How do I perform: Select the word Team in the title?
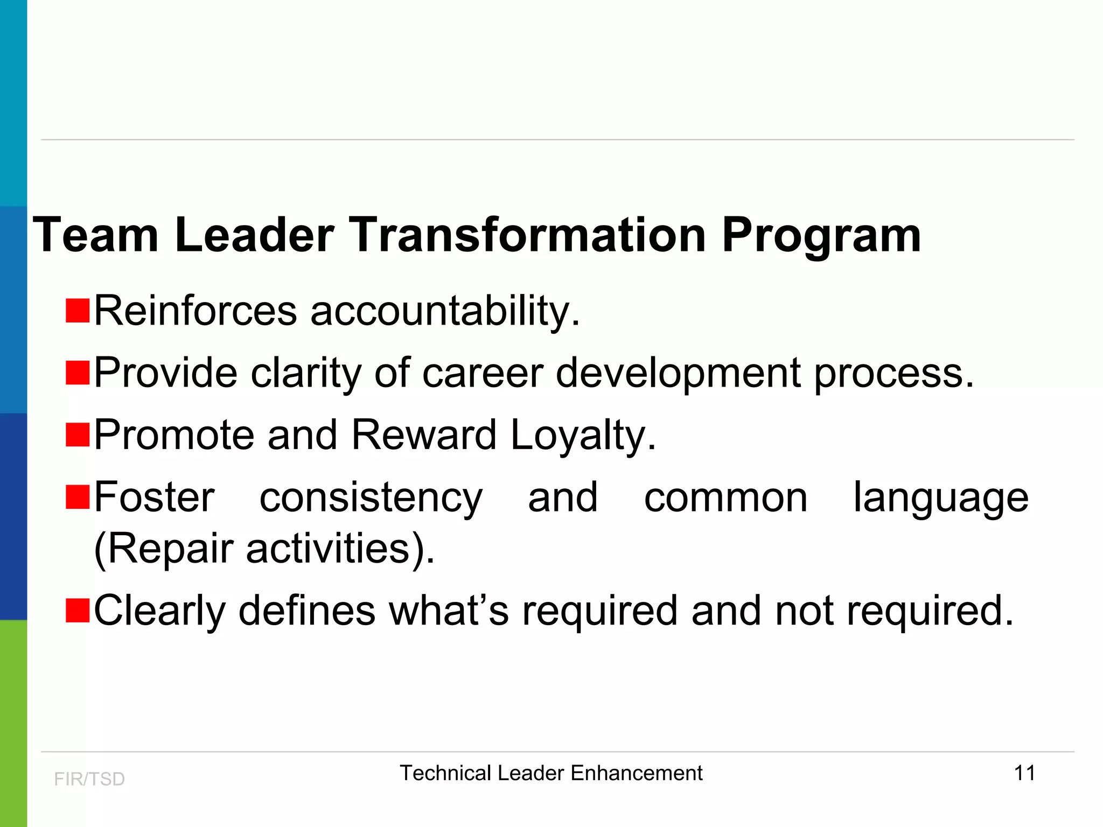(x=96, y=235)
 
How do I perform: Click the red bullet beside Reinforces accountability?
(x=78, y=311)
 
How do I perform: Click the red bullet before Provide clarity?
(x=78, y=373)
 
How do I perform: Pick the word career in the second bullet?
(x=483, y=373)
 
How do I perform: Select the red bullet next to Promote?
(x=78, y=435)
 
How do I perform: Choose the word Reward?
(x=423, y=435)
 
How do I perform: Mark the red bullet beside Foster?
(x=78, y=497)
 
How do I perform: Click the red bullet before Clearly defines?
(x=78, y=610)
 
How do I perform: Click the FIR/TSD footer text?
(x=89, y=779)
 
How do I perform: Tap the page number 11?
(x=1024, y=773)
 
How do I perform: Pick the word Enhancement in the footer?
(x=636, y=773)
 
